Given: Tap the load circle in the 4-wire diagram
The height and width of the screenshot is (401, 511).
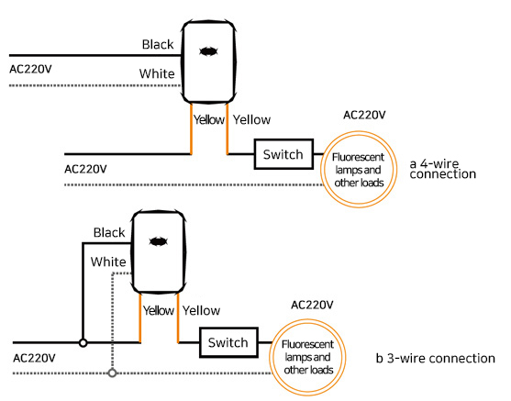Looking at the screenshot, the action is point(359,132).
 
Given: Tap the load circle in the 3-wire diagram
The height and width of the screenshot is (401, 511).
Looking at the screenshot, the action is point(307,320).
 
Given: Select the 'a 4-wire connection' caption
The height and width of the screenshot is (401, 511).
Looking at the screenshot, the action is point(442,169).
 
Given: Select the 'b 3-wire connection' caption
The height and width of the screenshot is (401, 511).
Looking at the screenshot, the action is point(436,358).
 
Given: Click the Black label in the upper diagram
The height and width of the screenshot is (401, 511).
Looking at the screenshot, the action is point(158,44).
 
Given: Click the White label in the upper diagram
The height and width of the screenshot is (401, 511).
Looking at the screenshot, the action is point(157,73).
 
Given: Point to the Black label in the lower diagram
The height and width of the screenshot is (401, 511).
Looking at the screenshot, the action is point(109,232).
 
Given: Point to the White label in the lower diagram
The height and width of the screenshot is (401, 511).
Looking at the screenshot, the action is point(108,262).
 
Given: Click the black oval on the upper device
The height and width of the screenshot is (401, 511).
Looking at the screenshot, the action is point(208,51).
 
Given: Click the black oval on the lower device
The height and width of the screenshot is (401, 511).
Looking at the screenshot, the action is point(159,241).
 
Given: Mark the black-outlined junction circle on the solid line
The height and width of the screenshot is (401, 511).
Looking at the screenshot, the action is point(83,343).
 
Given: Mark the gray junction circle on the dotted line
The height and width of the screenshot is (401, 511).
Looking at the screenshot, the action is point(113,373).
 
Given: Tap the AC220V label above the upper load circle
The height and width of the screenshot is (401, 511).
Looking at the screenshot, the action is point(364,115).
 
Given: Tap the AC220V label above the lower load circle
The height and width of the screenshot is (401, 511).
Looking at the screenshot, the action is point(312,306).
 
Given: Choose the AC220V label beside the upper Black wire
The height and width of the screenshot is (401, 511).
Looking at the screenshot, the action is point(30,69).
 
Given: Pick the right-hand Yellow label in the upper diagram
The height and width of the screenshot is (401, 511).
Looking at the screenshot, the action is point(251,119).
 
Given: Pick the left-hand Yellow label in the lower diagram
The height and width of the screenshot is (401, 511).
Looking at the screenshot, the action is point(159,310).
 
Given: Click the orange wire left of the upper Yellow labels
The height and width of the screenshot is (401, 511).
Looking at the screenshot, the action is point(191,128).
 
